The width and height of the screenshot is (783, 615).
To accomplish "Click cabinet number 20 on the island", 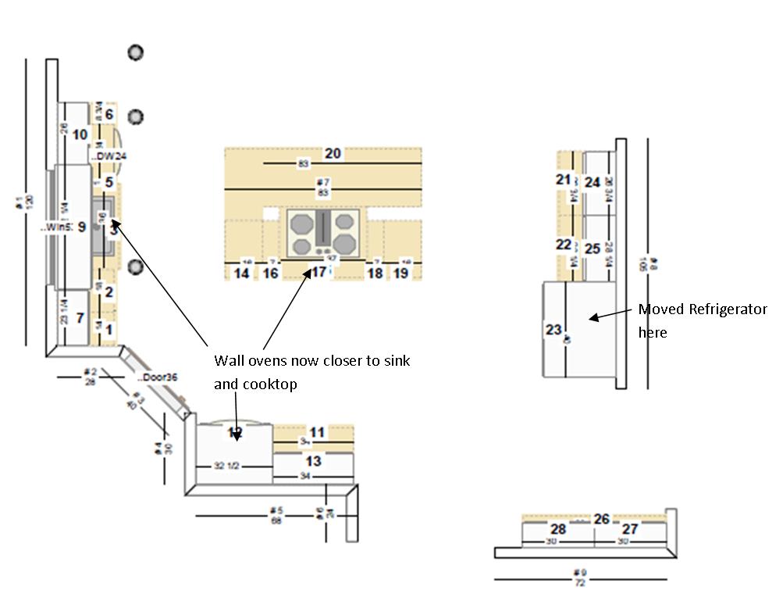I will pyautogui.click(x=333, y=153).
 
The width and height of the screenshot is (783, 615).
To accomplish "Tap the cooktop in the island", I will pyautogui.click(x=323, y=233).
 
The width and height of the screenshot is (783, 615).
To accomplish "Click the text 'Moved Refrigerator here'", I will pyautogui.click(x=702, y=320).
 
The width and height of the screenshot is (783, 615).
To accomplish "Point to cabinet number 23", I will pyautogui.click(x=553, y=330).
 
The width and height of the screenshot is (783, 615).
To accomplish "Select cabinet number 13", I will pyautogui.click(x=313, y=462).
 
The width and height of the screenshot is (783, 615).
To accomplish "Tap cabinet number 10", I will pyautogui.click(x=80, y=134).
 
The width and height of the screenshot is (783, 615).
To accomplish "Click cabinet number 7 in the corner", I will pyautogui.click(x=80, y=317).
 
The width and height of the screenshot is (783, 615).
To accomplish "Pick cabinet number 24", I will pyautogui.click(x=593, y=183).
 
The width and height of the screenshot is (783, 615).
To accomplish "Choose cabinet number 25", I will pyautogui.click(x=593, y=249).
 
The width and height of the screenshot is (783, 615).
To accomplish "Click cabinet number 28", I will pyautogui.click(x=558, y=529).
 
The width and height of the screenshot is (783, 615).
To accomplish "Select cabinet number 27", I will pyautogui.click(x=629, y=529).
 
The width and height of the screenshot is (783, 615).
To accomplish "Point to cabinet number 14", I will pyautogui.click(x=242, y=274).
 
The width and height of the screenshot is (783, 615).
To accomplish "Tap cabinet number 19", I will pyautogui.click(x=400, y=274).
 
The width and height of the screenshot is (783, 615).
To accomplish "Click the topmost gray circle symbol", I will pyautogui.click(x=136, y=52).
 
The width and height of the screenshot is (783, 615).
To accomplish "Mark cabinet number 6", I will pyautogui.click(x=109, y=114).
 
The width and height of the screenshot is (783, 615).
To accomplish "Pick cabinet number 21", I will pyautogui.click(x=564, y=180).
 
